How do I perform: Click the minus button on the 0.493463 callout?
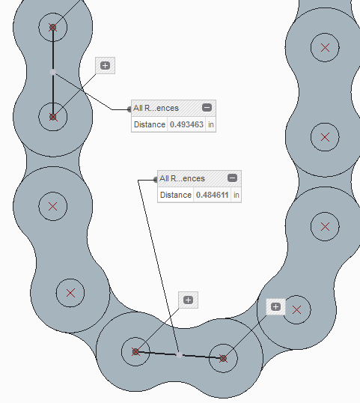pos(207,107)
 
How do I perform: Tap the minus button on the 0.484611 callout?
pos(233,178)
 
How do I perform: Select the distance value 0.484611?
pos(211,195)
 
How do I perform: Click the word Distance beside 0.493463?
pos(149,124)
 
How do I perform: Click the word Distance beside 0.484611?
pos(176,195)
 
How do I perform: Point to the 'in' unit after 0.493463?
pos(211,124)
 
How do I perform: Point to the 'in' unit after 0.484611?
pos(237,195)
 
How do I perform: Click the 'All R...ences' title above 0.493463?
pos(156,108)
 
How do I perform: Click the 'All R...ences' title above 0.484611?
pos(182,178)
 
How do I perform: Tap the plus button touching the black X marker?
pos(275,306)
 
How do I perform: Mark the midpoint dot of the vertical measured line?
pos(52,72)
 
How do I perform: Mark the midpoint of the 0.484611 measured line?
pos(180,354)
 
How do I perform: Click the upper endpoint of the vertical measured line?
pos(52,27)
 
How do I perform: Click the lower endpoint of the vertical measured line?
pos(52,117)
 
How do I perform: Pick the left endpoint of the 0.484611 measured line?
pos(135,351)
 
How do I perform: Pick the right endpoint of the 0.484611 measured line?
pos(223,358)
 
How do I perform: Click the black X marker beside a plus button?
pos(297,309)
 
